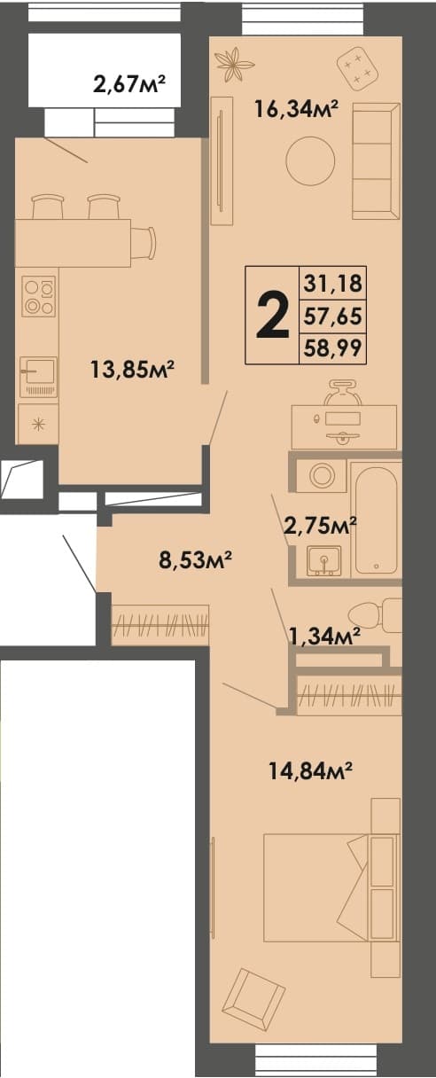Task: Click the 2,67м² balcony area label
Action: click(x=129, y=85)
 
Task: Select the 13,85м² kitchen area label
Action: click(x=132, y=370)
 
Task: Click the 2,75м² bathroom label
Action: click(x=320, y=526)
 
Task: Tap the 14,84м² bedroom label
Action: click(x=311, y=772)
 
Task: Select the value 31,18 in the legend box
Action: click(x=332, y=284)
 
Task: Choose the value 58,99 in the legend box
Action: click(x=332, y=348)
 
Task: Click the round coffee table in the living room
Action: click(x=310, y=160)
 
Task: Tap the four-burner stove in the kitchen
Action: click(x=40, y=297)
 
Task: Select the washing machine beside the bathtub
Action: click(x=321, y=475)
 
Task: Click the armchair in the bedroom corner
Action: click(x=253, y=997)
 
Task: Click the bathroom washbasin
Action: click(x=323, y=560)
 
